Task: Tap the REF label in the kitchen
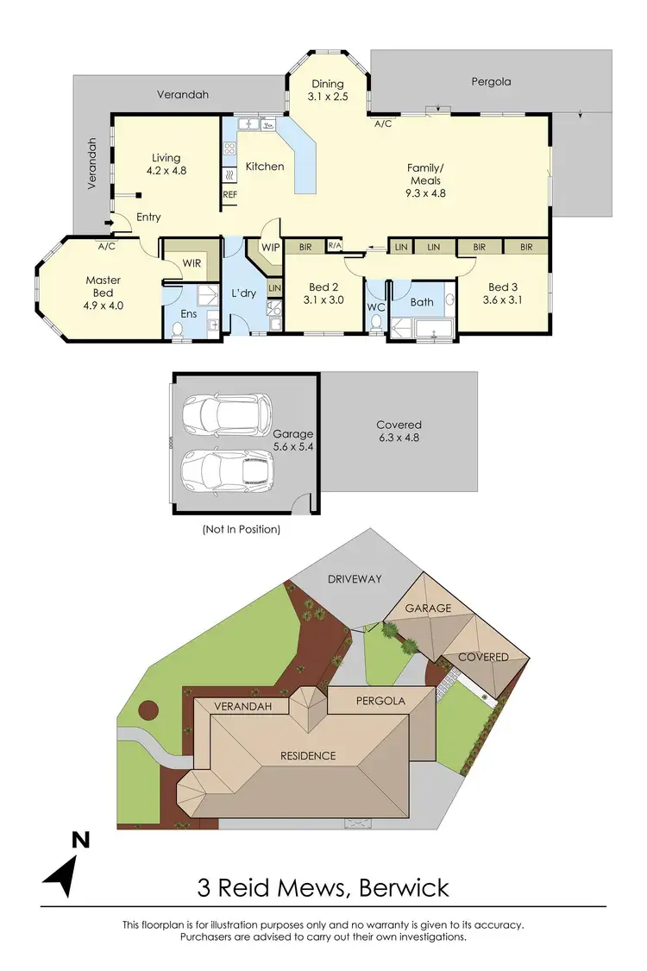point(229,195)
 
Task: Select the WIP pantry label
point(271,247)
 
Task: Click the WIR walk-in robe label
point(192,262)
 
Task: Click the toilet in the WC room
point(375,322)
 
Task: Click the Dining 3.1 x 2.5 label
point(328,91)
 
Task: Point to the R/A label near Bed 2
point(335,247)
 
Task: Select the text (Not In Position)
point(241,529)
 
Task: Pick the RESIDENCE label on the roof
point(308,755)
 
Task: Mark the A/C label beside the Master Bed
point(107,246)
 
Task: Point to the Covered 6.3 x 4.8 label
point(399,431)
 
